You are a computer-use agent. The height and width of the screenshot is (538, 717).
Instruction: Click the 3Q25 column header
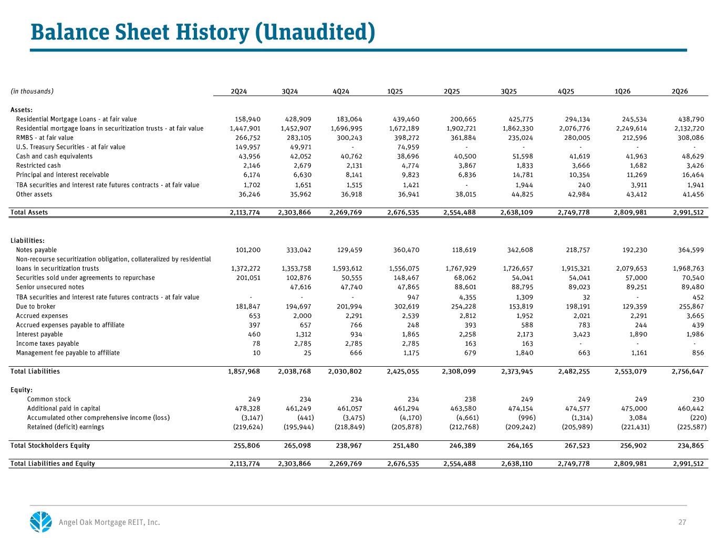click(x=508, y=91)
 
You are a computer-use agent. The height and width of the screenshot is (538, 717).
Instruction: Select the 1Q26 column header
click(x=622, y=91)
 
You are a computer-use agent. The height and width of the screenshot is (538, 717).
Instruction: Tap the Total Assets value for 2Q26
click(x=688, y=212)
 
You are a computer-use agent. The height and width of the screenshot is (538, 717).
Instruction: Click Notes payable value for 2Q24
click(x=248, y=250)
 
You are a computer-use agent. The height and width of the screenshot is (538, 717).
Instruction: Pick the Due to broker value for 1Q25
click(x=406, y=306)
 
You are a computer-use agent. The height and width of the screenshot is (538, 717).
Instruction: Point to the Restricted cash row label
click(x=38, y=165)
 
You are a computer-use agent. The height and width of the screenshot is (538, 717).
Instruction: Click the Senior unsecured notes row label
click(x=50, y=287)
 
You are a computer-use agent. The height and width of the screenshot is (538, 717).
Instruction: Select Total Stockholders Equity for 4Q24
click(x=349, y=446)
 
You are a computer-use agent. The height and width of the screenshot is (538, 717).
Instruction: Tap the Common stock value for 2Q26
click(x=698, y=399)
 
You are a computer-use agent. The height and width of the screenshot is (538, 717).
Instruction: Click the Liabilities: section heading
click(x=27, y=241)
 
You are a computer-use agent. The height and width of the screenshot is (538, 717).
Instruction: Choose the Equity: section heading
click(x=22, y=390)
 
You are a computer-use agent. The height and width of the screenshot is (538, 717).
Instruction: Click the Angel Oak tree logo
click(x=41, y=522)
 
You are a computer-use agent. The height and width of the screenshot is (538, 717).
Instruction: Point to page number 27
click(x=682, y=522)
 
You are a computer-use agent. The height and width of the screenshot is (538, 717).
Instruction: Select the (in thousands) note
click(x=32, y=91)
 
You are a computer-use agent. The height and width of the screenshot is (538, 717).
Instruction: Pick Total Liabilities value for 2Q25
click(x=459, y=371)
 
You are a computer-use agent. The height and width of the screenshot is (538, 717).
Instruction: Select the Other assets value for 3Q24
click(x=300, y=194)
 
